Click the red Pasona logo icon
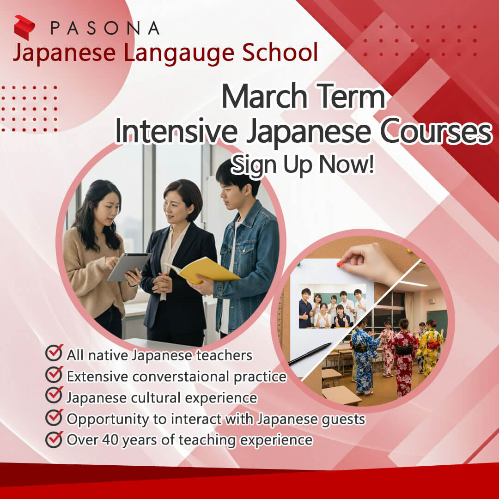tap(24, 27)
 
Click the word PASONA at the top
tap(105, 28)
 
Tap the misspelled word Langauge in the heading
tap(179, 53)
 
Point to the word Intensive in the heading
tap(176, 131)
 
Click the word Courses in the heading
tap(436, 131)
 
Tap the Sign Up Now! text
tap(302, 164)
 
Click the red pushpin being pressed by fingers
tap(340, 263)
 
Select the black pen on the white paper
tap(310, 354)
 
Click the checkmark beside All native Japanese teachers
tap(54, 353)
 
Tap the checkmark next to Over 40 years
tap(54, 439)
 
